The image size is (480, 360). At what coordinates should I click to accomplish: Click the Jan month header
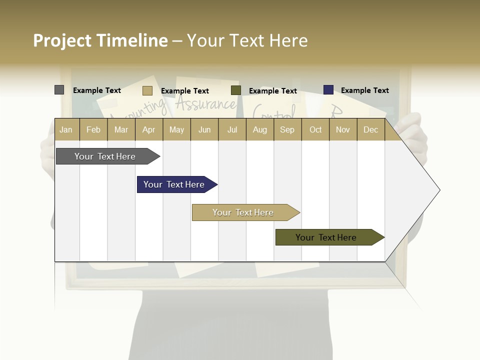66,129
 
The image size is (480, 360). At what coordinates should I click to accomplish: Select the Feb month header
93,129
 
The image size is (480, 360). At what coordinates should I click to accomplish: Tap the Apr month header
149,129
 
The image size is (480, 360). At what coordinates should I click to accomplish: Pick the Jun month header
204,129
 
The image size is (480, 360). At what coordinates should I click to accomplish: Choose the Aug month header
259,129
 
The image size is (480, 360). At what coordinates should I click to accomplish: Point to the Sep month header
287,129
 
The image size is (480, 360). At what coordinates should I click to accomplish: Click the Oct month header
315,129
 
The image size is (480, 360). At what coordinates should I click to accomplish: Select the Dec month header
370,129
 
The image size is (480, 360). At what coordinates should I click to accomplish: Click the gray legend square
59,90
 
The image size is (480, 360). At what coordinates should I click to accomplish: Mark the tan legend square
147,90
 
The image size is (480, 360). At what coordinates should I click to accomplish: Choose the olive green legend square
235,90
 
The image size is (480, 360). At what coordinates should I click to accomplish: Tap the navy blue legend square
328,90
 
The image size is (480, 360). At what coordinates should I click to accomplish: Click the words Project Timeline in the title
100,40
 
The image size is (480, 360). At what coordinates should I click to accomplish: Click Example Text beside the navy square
364,90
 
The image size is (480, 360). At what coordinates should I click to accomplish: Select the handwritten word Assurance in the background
205,104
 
